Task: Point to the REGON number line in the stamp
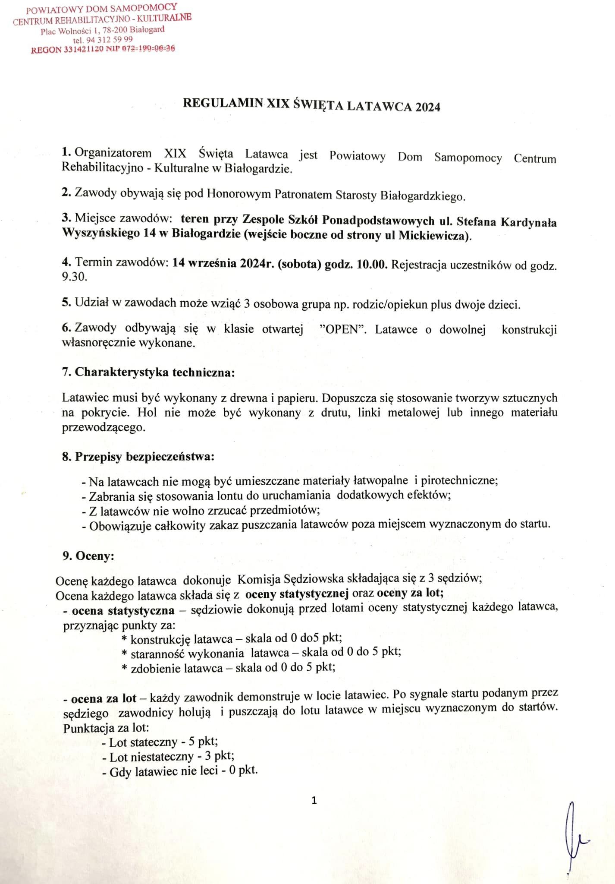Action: (x=103, y=49)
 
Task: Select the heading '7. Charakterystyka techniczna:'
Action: (x=148, y=373)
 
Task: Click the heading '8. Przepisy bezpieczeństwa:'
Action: (x=138, y=457)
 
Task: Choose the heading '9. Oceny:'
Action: (x=88, y=556)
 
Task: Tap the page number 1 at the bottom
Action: (x=314, y=801)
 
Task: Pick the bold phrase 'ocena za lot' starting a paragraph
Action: (x=104, y=698)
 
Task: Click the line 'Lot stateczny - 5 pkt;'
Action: (x=160, y=742)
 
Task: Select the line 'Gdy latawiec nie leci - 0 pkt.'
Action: (x=180, y=771)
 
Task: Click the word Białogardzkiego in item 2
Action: (x=423, y=196)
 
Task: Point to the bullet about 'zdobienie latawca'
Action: (x=229, y=668)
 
